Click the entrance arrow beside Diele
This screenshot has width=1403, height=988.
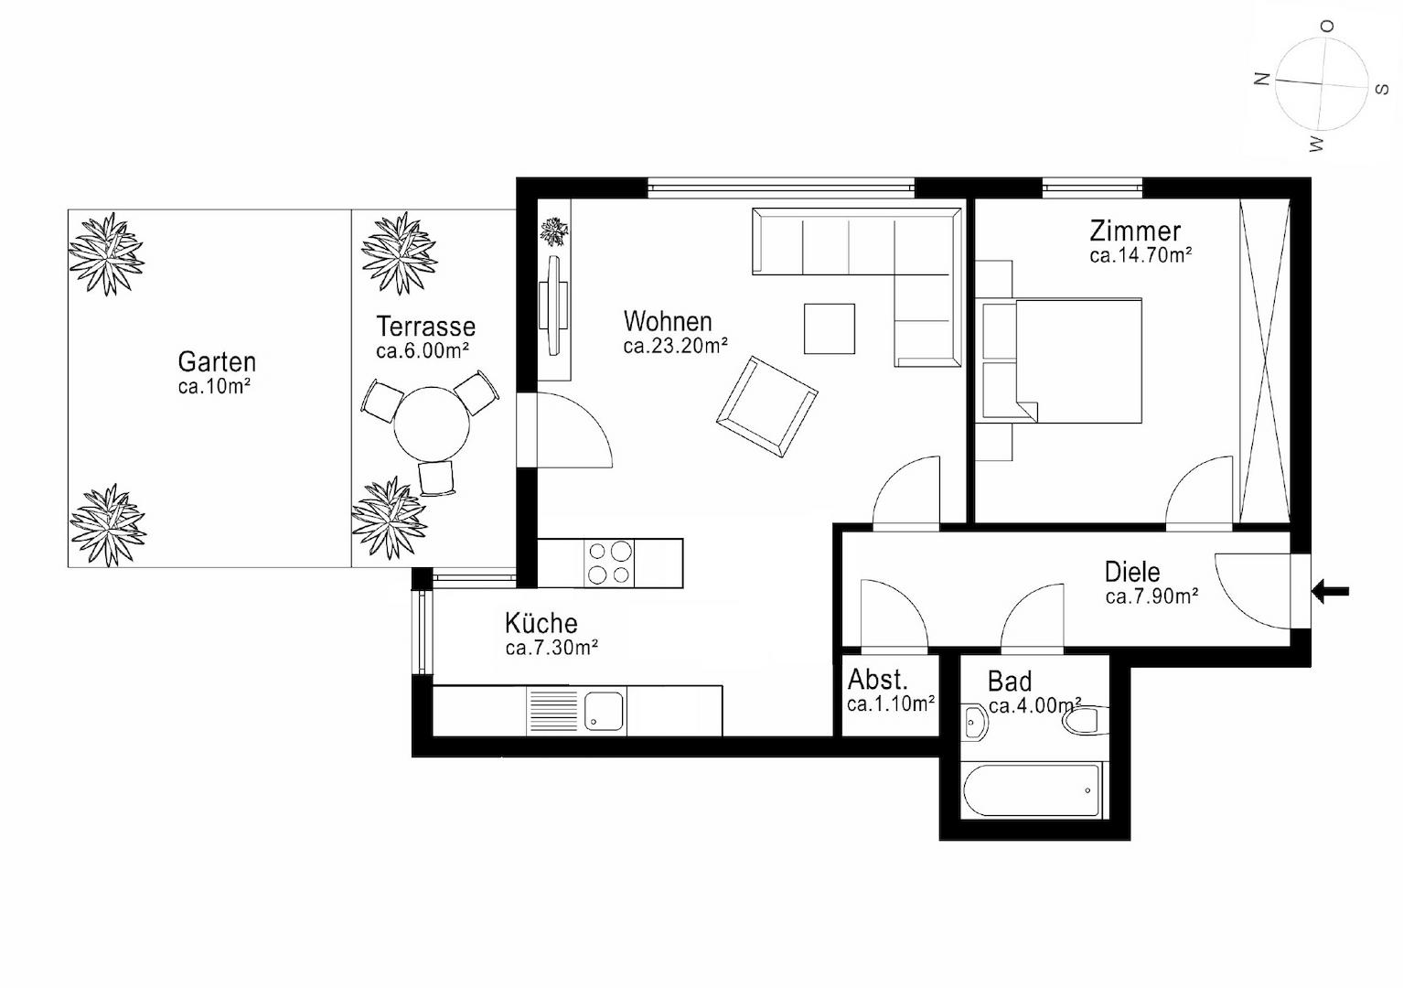pyautogui.click(x=1330, y=591)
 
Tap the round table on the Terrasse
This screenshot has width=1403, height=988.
pyautogui.click(x=431, y=424)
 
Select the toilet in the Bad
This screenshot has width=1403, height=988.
pyautogui.click(x=1086, y=720)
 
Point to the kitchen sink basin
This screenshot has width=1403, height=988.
pyautogui.click(x=604, y=711)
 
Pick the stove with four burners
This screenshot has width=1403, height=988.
pyautogui.click(x=609, y=563)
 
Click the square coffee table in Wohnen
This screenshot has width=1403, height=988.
pyautogui.click(x=830, y=329)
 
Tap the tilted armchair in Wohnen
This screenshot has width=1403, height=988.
pyautogui.click(x=766, y=406)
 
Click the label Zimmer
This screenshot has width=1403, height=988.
pyautogui.click(x=1135, y=231)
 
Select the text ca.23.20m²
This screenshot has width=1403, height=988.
pyautogui.click(x=675, y=345)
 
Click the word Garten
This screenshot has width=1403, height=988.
pyautogui.click(x=217, y=362)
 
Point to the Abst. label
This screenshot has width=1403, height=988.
pyautogui.click(x=877, y=679)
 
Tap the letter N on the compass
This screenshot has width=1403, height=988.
pyautogui.click(x=1262, y=79)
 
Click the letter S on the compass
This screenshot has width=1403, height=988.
pyautogui.click(x=1383, y=90)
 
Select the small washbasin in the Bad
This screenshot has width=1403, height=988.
pyautogui.click(x=975, y=723)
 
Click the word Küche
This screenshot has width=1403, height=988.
pyautogui.click(x=541, y=623)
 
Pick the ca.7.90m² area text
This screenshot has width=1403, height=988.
pyautogui.click(x=1151, y=596)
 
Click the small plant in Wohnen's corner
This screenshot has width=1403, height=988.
pyautogui.click(x=554, y=231)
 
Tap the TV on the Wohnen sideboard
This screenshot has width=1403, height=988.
pyautogui.click(x=554, y=306)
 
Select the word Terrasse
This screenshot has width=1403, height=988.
pyautogui.click(x=426, y=327)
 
